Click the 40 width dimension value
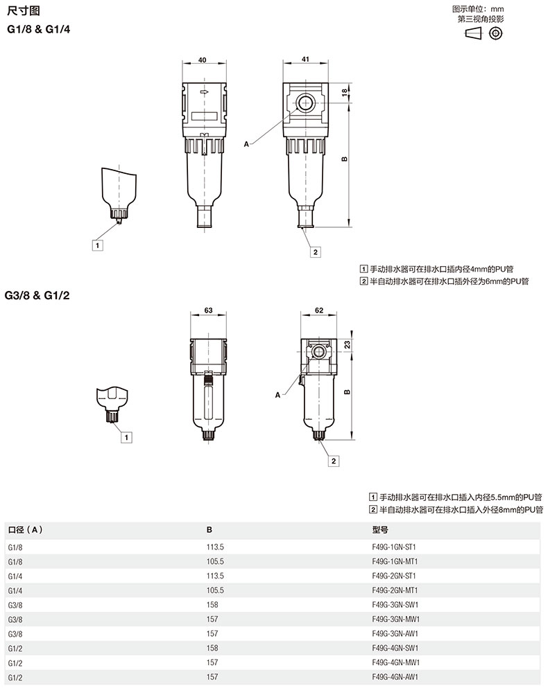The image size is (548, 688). click(202, 60)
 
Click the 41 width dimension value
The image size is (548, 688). click(305, 59)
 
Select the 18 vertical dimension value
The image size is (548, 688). click(345, 92)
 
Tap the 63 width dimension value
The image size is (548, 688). click(208, 310)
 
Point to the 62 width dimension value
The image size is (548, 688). click(319, 310)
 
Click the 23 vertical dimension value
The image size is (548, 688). click(348, 345)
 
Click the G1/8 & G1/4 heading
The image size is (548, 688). click(39, 29)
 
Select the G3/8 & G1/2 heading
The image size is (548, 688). click(37, 295)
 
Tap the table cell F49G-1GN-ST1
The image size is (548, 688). click(394, 547)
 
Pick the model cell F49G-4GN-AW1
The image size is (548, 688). click(395, 677)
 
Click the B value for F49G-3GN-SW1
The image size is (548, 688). click(212, 605)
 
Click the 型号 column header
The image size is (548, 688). click(380, 529)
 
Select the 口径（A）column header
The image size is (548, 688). click(26, 529)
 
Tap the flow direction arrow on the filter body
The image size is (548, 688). click(204, 91)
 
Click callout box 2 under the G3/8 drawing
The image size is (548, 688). click(334, 461)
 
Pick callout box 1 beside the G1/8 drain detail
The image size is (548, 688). click(98, 245)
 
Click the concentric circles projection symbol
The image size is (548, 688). click(496, 33)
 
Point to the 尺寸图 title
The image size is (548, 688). click(24, 10)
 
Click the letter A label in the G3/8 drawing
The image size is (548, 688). click(277, 395)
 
